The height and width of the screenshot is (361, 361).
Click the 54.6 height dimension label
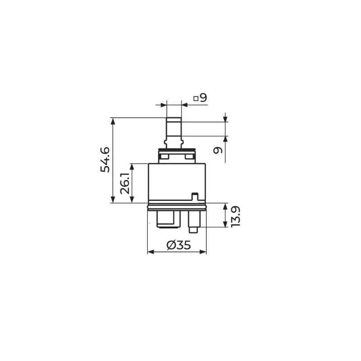[x=105, y=160]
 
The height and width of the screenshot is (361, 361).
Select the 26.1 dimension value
[x=125, y=183]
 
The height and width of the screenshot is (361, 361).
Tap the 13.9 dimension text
[x=236, y=217]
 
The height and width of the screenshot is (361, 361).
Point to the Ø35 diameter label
[x=179, y=245]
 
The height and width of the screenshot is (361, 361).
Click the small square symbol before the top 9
[x=196, y=98]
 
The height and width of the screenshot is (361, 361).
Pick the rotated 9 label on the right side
[x=218, y=150]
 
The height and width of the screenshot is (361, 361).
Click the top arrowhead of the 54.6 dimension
[x=113, y=120]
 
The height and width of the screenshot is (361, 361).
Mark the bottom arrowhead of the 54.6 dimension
[x=113, y=199]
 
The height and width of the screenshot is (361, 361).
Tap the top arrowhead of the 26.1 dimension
[x=132, y=167]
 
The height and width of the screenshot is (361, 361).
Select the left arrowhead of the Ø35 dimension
[x=151, y=252]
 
